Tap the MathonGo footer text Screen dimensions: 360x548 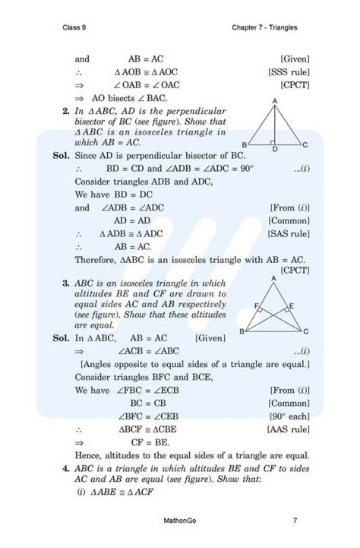(179, 521)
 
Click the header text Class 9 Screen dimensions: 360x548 (74, 28)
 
